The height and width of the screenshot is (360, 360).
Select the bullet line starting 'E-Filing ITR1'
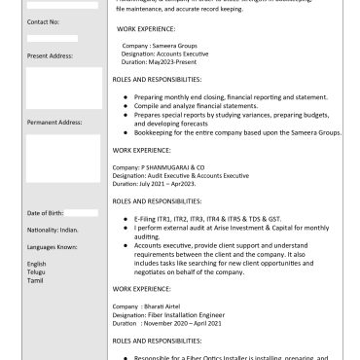pyautogui.click(x=214, y=220)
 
